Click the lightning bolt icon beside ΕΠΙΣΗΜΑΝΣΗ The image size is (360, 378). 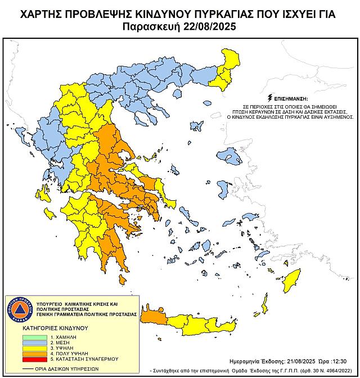click(273, 97)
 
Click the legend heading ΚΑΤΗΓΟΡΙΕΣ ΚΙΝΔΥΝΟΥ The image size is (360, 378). click(48, 326)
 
